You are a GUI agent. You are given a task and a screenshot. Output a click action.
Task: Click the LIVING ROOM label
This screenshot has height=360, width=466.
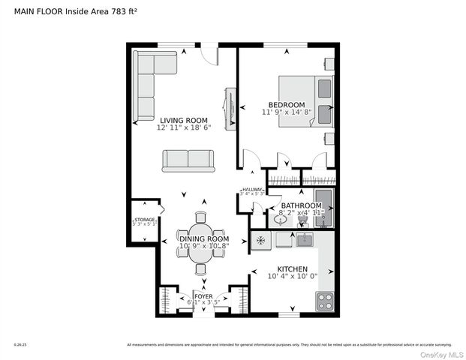pyautogui.click(x=183, y=120)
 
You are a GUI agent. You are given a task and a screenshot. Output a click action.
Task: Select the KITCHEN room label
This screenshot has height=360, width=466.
pyautogui.click(x=293, y=268)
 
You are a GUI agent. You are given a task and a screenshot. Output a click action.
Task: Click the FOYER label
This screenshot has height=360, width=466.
pyautogui.click(x=203, y=296)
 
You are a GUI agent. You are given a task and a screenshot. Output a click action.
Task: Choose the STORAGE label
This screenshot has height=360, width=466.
pyautogui.click(x=144, y=220)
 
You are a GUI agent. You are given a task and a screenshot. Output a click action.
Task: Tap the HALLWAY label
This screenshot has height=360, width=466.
pyautogui.click(x=252, y=190)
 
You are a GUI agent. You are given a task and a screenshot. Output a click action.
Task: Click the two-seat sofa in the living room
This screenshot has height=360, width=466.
pyautogui.click(x=188, y=160)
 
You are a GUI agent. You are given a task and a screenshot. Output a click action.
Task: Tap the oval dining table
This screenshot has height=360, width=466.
pyautogui.click(x=200, y=245)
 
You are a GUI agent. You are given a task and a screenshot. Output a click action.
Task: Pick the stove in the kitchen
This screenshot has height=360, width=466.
pyautogui.click(x=325, y=301)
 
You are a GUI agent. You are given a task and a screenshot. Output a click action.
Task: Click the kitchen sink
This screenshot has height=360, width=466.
pyautogui.click(x=304, y=240)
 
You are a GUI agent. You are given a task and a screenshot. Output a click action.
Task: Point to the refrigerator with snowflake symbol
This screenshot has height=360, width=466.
pyautogui.click(x=260, y=241)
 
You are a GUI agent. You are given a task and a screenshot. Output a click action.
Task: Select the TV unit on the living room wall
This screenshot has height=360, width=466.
pyautogui.click(x=230, y=105)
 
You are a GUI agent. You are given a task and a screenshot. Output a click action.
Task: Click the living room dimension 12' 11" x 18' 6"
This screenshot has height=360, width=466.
pyautogui.click(x=184, y=127)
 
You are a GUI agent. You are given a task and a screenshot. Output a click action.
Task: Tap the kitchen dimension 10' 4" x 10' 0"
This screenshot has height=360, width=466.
pyautogui.click(x=293, y=276)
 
